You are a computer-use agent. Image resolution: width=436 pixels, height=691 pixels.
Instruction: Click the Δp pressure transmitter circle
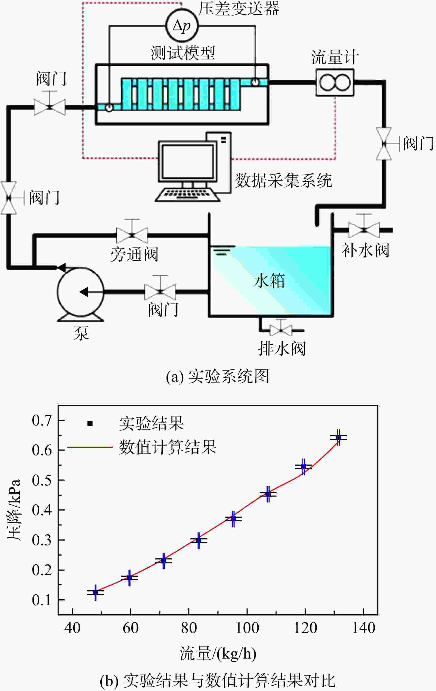(182, 26)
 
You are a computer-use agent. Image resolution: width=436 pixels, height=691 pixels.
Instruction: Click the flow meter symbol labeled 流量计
(335, 82)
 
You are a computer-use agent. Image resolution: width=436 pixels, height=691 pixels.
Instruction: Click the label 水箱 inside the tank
(269, 280)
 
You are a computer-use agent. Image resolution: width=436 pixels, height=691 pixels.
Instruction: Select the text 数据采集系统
(283, 180)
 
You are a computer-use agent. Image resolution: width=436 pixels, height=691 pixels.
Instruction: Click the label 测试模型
(183, 53)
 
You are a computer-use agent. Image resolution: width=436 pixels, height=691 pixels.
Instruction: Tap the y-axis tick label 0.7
(42, 420)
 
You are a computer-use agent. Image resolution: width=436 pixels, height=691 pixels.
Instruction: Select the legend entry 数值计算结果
(168, 447)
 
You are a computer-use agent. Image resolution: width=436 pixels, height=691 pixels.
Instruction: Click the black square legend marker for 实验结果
(90, 423)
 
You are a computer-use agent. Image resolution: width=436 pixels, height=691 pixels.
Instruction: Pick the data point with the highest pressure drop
(338, 438)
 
